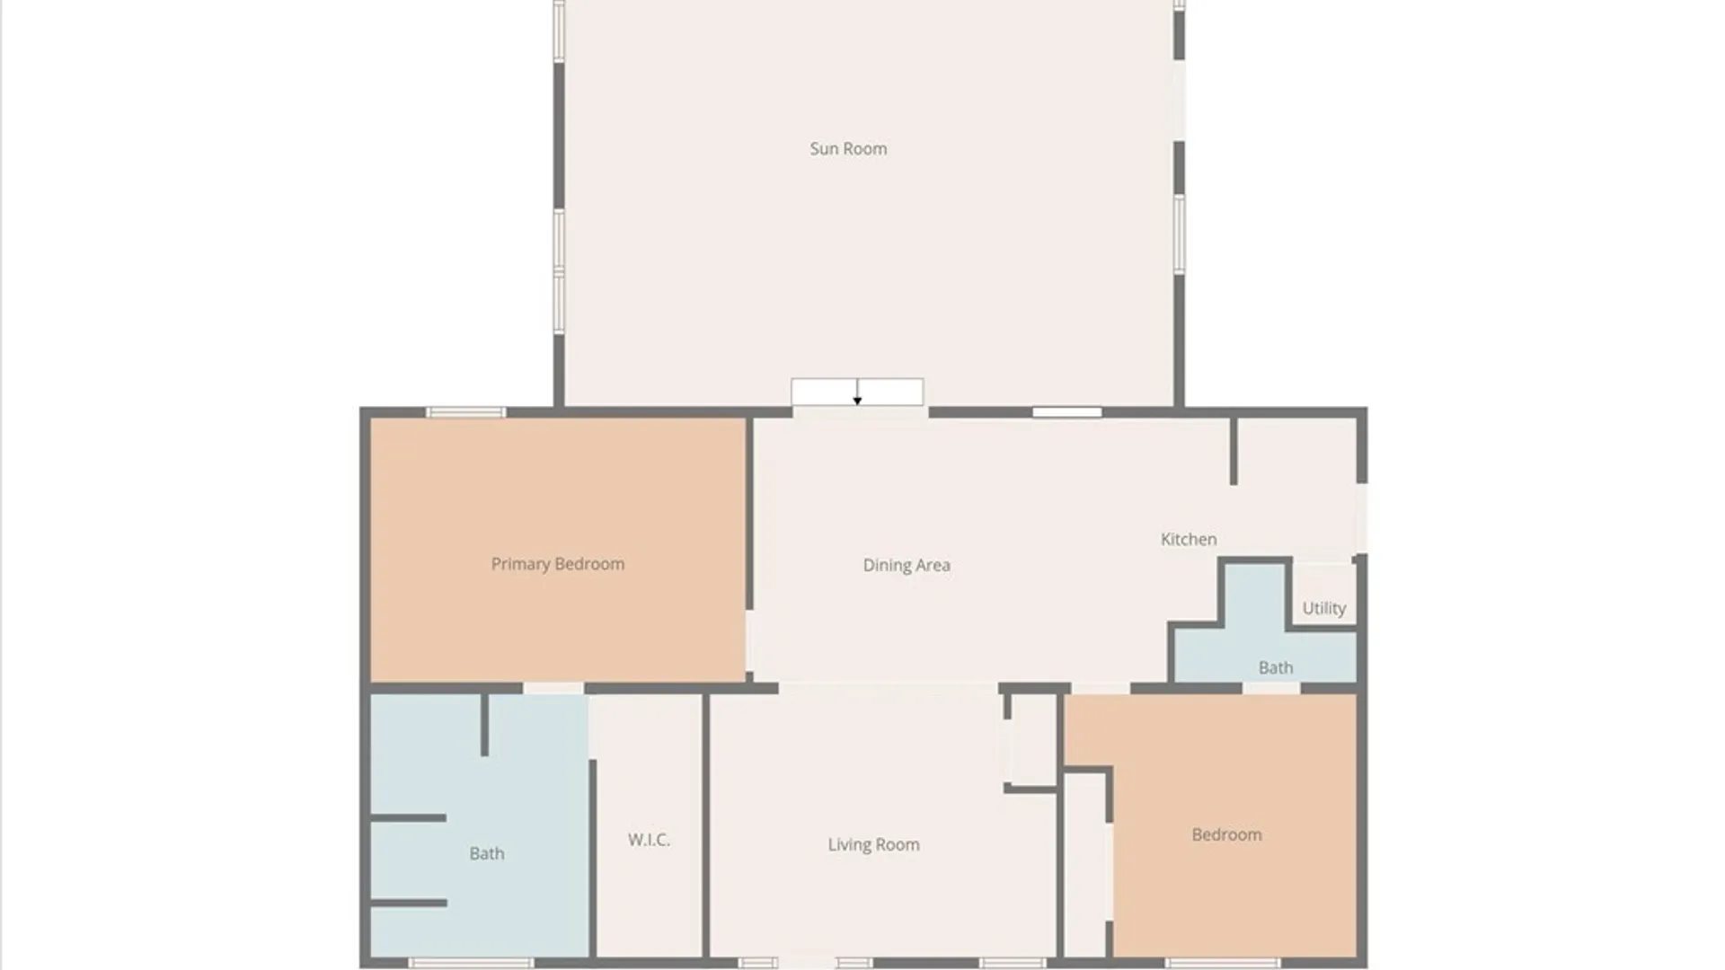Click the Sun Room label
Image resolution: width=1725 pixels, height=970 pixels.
click(848, 149)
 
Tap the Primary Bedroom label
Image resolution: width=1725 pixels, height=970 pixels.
click(557, 564)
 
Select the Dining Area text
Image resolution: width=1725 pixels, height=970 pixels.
click(907, 565)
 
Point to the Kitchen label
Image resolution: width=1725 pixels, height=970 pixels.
click(1189, 539)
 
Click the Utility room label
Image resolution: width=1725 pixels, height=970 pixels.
click(1324, 608)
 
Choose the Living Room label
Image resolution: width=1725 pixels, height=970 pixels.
click(873, 844)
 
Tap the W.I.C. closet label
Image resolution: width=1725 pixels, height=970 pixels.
click(649, 840)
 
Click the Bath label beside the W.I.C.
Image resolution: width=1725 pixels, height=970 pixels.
click(487, 853)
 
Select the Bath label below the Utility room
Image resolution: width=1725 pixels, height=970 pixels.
click(1276, 667)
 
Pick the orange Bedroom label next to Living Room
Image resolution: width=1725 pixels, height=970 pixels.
click(1226, 834)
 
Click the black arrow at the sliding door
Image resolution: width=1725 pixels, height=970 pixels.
click(857, 392)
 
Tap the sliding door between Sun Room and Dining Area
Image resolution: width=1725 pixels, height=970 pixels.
click(857, 392)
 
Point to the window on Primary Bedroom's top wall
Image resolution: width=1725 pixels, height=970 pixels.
click(465, 412)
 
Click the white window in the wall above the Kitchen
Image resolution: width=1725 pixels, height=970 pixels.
click(1066, 412)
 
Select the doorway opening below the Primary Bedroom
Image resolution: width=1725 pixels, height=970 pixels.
click(553, 688)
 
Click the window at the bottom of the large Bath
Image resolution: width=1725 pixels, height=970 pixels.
click(471, 964)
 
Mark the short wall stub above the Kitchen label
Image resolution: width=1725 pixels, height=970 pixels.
click(1234, 451)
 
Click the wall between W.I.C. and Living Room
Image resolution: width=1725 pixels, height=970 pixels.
click(705, 825)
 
